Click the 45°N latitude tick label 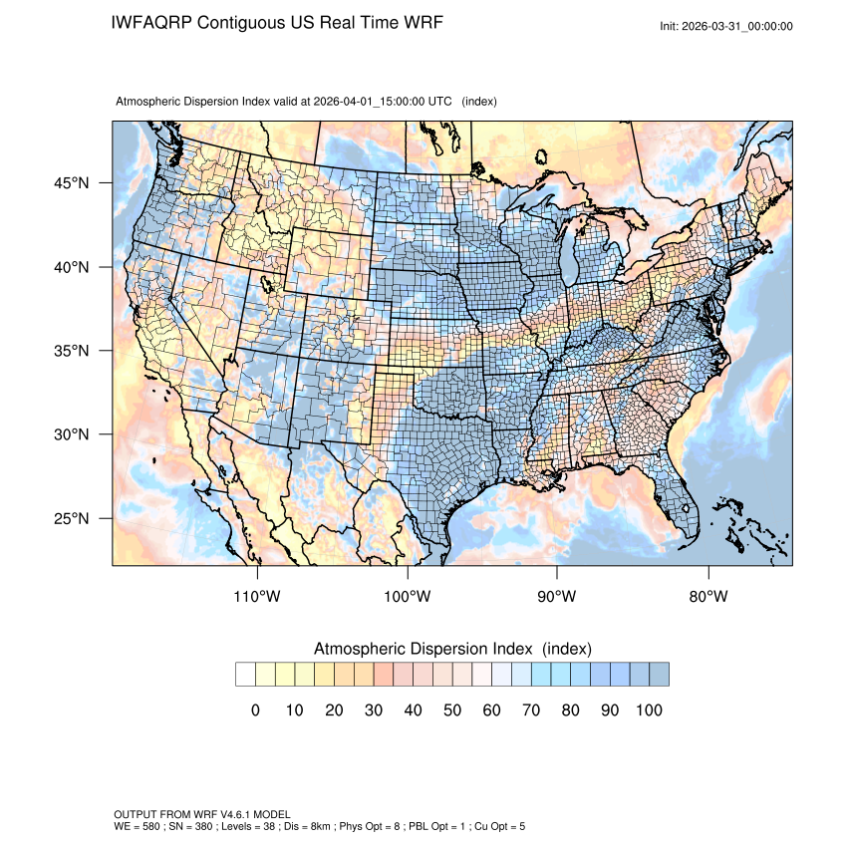coord(71,183)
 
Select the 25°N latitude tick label coord(71,518)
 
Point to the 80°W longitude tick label coord(708,597)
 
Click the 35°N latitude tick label coord(71,351)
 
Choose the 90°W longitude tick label coord(558,597)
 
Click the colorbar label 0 coord(255,709)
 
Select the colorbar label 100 coord(648,709)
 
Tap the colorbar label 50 coord(451,709)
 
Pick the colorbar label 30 coord(373,709)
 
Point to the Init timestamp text coord(726,26)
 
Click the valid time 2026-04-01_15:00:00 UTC coord(384,102)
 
